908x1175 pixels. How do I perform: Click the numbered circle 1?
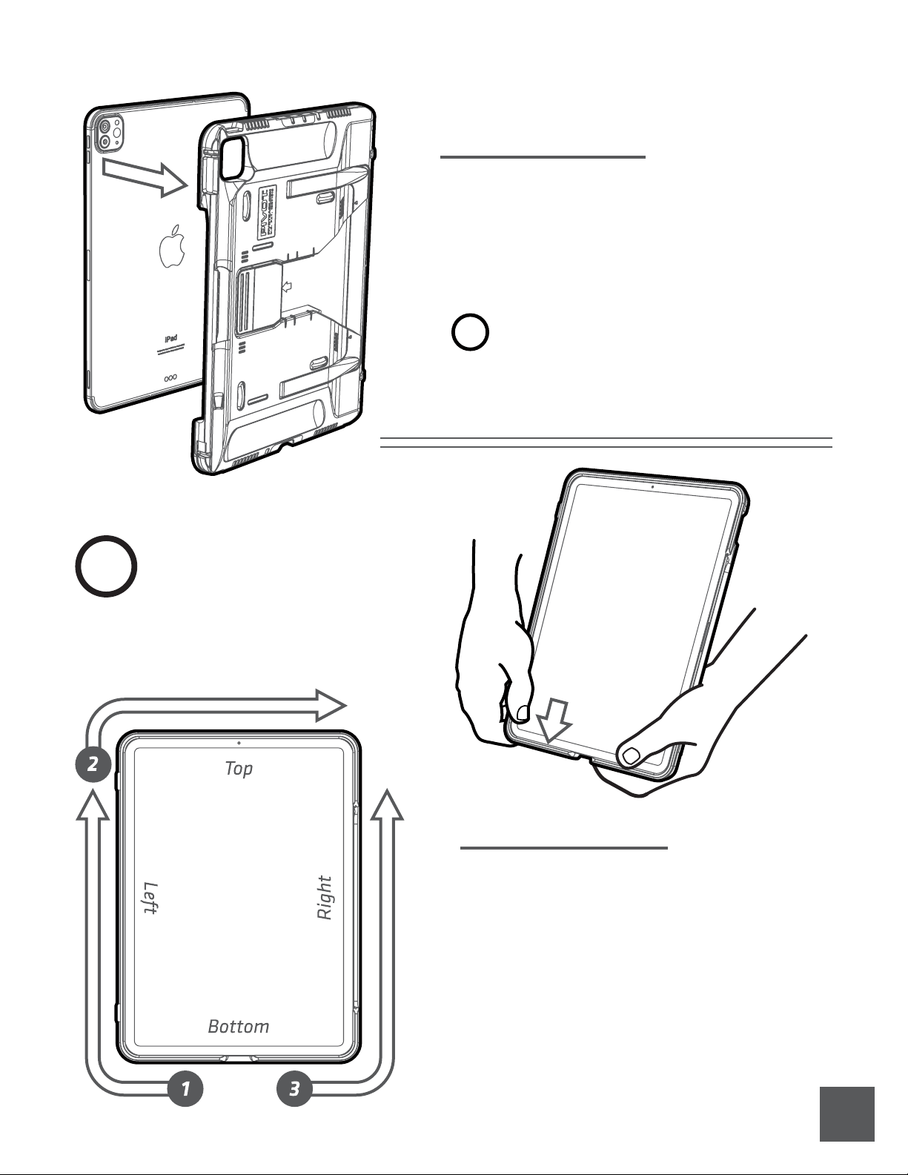coord(185,1089)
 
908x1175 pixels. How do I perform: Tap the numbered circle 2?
coord(93,764)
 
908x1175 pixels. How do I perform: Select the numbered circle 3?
coord(294,1089)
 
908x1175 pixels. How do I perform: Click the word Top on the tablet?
coord(239,769)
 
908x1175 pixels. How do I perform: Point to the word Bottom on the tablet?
coord(238,1027)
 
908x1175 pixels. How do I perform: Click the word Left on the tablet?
coord(150,898)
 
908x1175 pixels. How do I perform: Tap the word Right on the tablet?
coord(325,898)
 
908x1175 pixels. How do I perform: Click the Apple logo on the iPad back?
coord(171,245)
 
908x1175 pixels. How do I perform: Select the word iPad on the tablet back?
coord(170,338)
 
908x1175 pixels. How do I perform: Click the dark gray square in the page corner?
coord(846,1114)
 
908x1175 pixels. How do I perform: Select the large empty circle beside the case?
coord(106,566)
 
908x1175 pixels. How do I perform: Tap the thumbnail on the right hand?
coord(631,755)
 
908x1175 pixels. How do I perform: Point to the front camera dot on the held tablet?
coord(652,487)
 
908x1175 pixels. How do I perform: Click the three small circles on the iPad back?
coord(170,377)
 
